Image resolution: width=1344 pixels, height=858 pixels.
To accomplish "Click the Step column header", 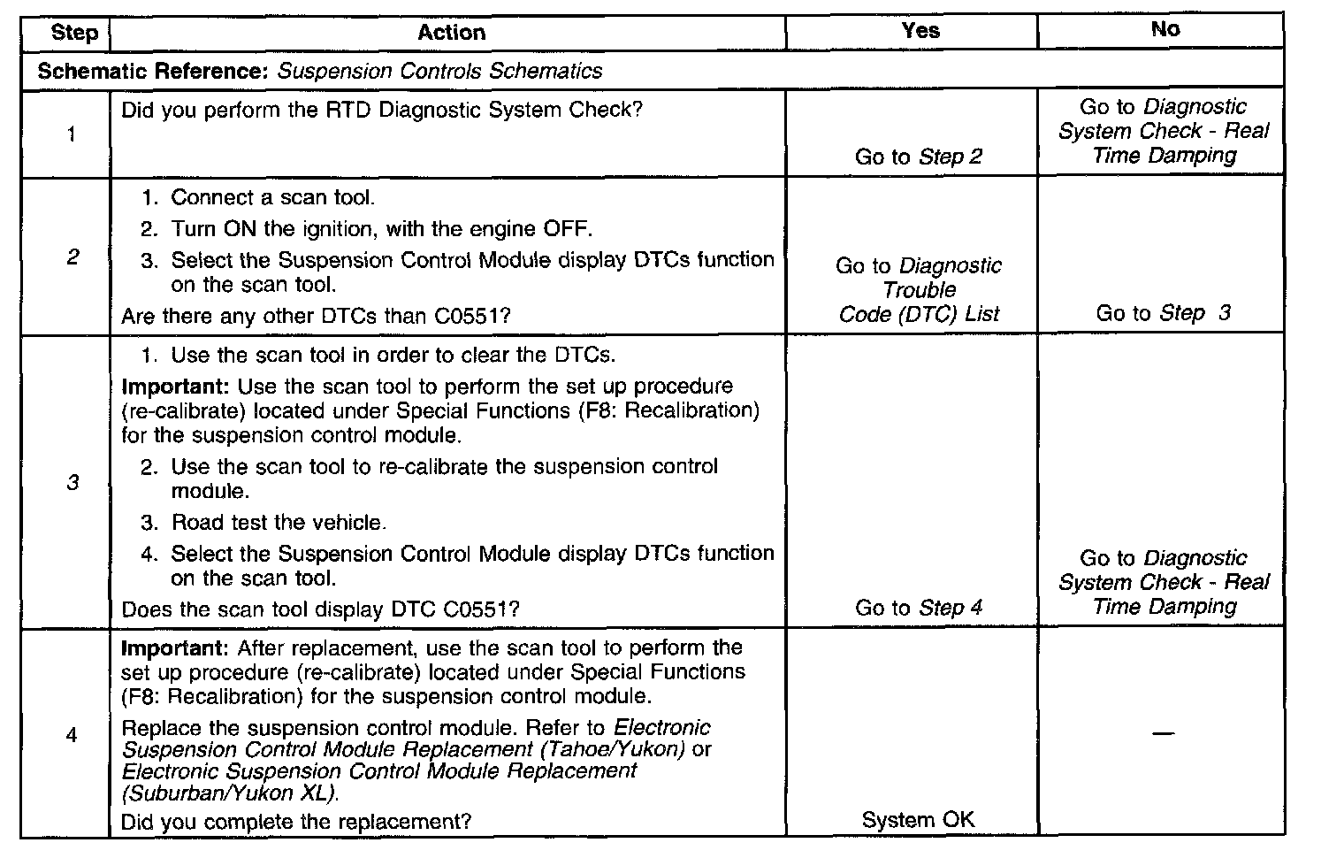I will (74, 33).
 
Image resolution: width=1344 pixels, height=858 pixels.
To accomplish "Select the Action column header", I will (451, 33).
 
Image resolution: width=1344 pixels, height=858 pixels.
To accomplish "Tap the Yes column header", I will (920, 31).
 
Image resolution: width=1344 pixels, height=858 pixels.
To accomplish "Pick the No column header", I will (1165, 29).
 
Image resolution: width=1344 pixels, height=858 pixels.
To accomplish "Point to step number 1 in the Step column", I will (71, 134).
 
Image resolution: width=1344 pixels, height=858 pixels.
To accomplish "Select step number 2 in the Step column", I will (73, 257).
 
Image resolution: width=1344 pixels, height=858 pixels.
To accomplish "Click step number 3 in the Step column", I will (73, 483).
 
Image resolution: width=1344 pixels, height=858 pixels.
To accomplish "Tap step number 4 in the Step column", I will (72, 735).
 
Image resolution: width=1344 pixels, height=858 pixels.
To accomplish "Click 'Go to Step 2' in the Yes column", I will (918, 157).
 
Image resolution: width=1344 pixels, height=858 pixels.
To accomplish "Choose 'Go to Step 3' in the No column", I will (1163, 313).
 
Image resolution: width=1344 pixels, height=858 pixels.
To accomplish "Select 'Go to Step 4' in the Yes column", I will (918, 608).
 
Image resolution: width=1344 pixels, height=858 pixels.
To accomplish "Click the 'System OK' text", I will (918, 820).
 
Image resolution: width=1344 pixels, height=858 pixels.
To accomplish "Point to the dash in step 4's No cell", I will (1164, 733).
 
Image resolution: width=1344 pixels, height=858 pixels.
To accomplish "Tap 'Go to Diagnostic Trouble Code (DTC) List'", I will (919, 289).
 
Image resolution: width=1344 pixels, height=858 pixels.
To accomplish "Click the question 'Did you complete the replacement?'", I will (296, 822).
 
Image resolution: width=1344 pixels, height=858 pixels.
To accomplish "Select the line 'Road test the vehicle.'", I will (278, 523).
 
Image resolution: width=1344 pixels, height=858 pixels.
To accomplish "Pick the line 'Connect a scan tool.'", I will (272, 197).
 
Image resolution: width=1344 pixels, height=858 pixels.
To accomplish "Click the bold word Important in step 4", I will (175, 647).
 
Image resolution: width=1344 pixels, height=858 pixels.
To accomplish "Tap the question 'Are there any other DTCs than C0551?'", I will (316, 316).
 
